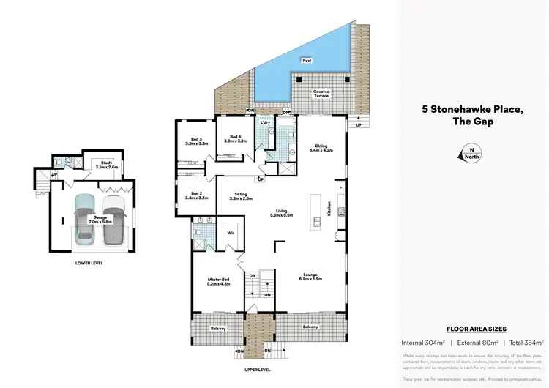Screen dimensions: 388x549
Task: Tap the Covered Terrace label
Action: [321, 94]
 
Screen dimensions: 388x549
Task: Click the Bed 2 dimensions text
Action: [197, 198]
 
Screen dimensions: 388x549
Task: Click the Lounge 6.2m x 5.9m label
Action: [311, 277]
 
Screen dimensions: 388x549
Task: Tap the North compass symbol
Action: [466, 153]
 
